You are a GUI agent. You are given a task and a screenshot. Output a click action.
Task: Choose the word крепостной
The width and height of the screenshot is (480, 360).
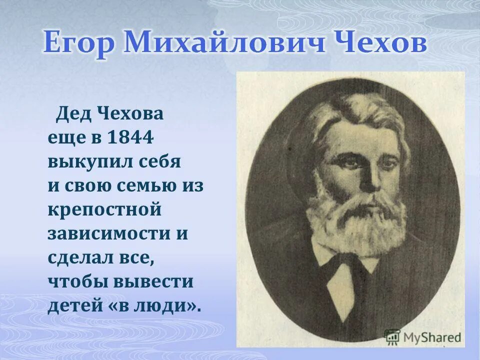tap(104, 210)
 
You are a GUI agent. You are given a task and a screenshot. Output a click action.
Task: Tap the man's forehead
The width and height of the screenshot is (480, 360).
tap(362, 135)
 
